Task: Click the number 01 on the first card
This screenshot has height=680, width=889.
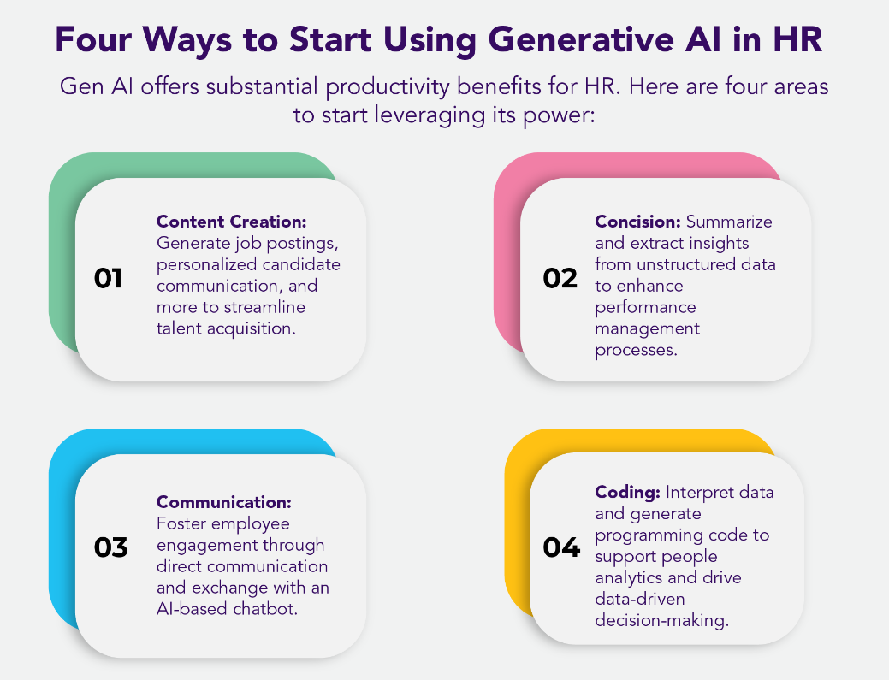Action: click(x=108, y=278)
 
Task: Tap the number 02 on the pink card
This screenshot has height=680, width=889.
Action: click(x=560, y=278)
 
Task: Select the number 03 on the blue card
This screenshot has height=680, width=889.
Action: click(x=110, y=547)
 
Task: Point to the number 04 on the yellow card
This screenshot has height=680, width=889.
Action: click(x=561, y=547)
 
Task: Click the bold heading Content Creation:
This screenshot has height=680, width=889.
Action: click(x=231, y=222)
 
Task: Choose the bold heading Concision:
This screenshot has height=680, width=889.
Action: click(x=637, y=222)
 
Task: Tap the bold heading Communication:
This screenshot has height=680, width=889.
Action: click(x=224, y=502)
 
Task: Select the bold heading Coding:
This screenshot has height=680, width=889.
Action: click(x=628, y=493)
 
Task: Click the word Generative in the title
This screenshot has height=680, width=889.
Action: click(x=581, y=39)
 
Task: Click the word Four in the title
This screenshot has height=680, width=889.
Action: click(x=93, y=39)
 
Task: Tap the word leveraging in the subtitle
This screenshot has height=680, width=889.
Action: click(x=430, y=115)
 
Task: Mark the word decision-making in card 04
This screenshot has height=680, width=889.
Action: click(x=662, y=620)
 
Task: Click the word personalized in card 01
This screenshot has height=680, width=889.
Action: click(x=207, y=264)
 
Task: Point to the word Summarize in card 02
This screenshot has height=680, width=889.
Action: click(x=729, y=222)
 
